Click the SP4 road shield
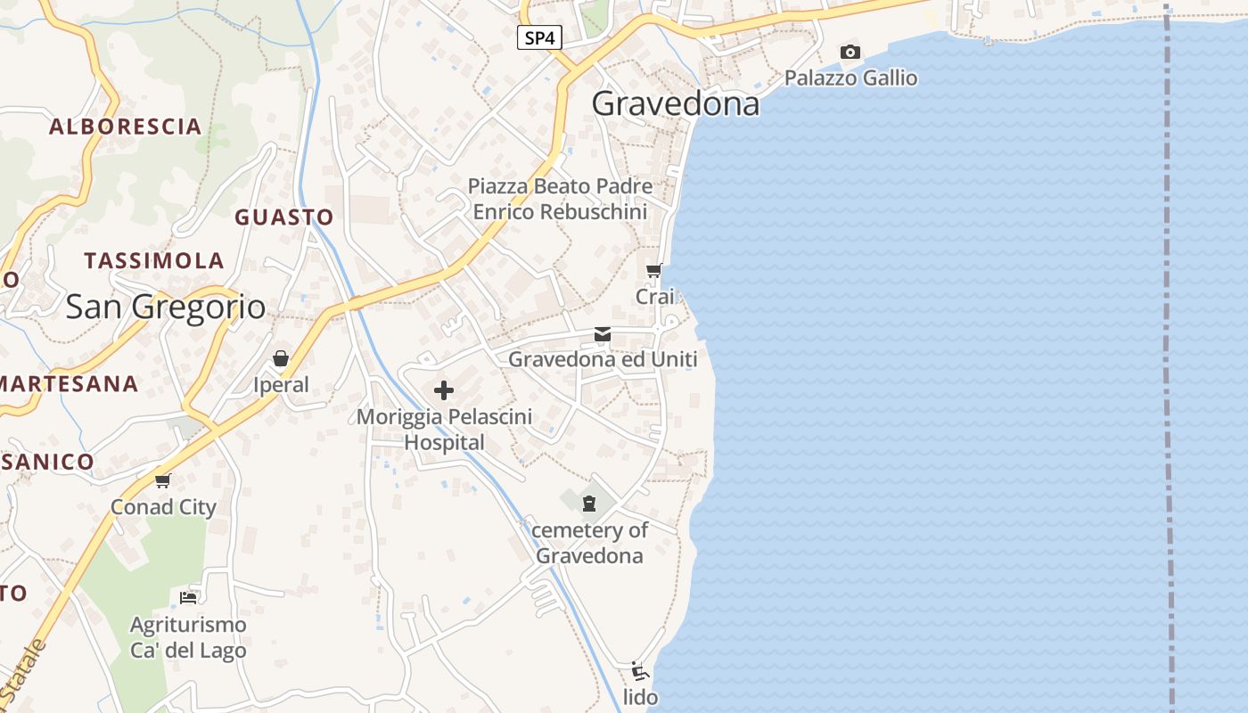539,37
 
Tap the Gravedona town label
676,104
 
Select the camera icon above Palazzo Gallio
850,53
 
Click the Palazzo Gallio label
850,78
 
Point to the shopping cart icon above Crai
654,270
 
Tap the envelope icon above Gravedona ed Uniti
603,334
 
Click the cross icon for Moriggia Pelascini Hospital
444,390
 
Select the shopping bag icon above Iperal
281,358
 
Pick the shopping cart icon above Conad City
163,481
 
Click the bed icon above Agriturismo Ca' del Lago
188,597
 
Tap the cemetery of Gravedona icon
588,504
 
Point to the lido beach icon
638,671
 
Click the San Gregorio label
166,307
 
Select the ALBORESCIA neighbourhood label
126,127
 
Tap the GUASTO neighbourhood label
283,217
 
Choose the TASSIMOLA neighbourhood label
154,261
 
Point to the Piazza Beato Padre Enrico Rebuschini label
560,200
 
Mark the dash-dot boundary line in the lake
1168,356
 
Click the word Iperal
281,385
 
